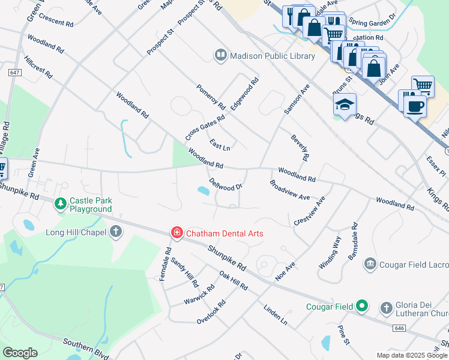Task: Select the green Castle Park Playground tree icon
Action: point(61,205)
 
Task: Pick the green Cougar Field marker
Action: point(362,307)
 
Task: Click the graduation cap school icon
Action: point(345,106)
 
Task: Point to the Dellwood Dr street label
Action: point(226,184)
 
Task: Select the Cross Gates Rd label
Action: point(205,124)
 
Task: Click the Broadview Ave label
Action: point(289,190)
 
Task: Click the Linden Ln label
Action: point(276,314)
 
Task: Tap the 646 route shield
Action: point(400,328)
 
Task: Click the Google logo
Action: point(20,353)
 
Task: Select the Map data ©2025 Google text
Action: point(412,355)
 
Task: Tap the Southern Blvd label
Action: point(78,346)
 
